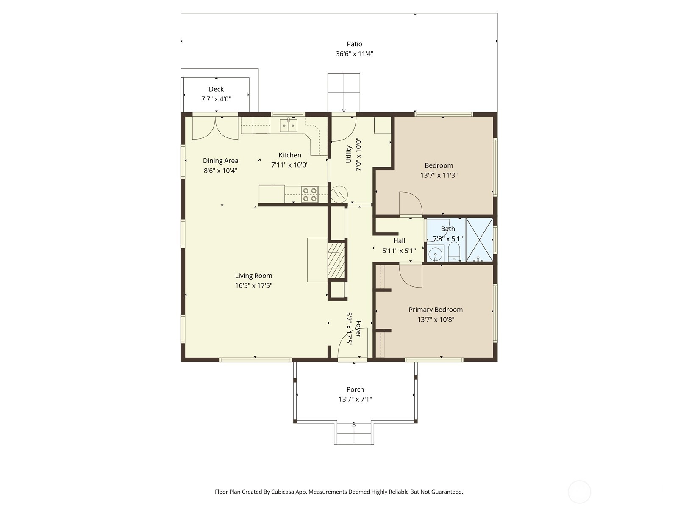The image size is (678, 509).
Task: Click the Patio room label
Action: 354,44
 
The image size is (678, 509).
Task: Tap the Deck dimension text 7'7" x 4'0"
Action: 216,99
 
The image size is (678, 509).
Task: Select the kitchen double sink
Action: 289,126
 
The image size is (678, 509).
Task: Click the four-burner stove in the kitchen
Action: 310,194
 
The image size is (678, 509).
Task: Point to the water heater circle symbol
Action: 339,194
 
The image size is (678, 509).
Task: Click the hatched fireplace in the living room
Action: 336,260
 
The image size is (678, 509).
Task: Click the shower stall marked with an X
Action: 479,240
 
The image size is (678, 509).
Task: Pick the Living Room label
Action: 253,276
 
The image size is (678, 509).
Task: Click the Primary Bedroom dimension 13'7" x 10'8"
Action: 436,319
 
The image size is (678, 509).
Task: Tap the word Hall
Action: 399,241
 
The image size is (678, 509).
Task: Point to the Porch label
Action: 355,389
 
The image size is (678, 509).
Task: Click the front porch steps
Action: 354,433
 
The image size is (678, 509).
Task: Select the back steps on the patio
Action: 344,93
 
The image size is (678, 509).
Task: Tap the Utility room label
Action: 348,154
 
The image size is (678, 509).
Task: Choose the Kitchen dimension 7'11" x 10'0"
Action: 290,165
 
